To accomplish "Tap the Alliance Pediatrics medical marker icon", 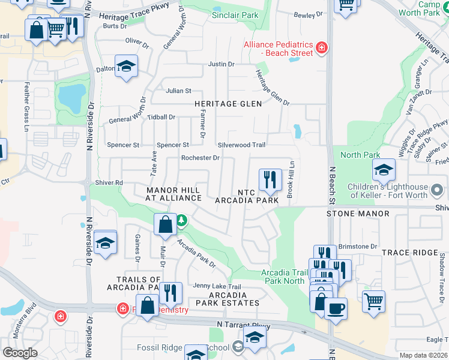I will [x=322, y=47].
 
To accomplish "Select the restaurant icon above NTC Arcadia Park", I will [x=270, y=179].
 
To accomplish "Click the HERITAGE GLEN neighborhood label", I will [x=228, y=104].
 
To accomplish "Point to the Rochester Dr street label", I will [x=200, y=158].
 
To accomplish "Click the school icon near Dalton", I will [x=126, y=66].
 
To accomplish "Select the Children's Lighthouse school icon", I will [x=384, y=170].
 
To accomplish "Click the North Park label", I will [x=360, y=155].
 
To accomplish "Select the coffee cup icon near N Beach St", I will [x=336, y=308].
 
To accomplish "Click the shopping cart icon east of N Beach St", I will [x=373, y=301].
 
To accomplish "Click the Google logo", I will [x=20, y=353].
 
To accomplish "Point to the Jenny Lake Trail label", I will [x=217, y=286].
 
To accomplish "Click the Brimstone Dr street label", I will [x=358, y=246].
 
